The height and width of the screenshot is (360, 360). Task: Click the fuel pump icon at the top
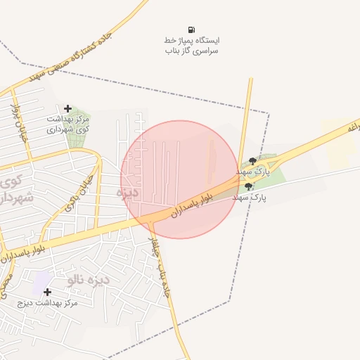191,29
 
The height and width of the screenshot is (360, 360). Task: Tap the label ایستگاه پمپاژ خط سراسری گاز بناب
191,46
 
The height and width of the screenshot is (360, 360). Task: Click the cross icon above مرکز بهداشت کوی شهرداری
67,108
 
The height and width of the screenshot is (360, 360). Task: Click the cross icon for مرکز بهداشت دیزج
47,292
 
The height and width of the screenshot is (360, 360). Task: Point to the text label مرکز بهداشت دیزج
49,303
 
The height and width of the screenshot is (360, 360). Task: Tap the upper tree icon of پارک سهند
253,160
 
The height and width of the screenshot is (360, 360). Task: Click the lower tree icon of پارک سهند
248,187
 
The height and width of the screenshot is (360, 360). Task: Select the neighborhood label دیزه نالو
89,279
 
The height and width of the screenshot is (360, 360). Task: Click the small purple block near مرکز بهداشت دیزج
40,279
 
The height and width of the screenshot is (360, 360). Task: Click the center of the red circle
180,179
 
